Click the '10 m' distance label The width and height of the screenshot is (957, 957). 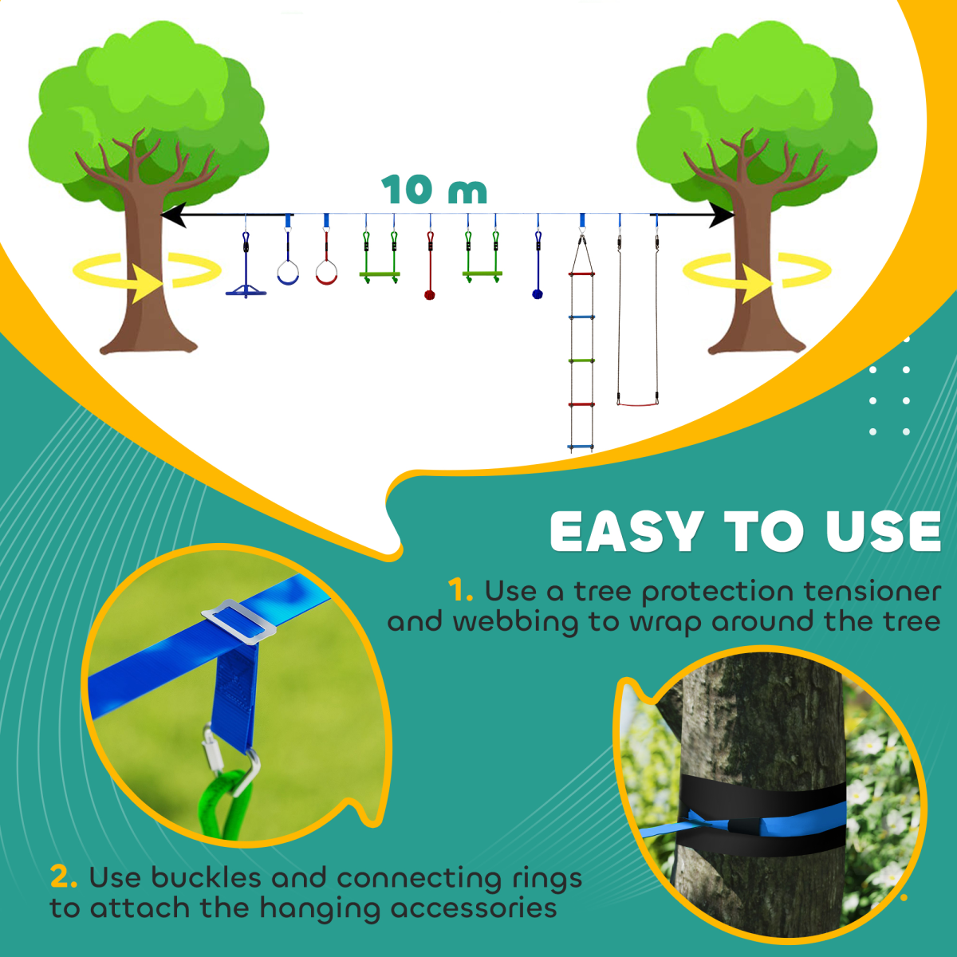point(434,190)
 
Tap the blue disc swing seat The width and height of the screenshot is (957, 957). point(246,291)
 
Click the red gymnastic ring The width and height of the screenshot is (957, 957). point(326,274)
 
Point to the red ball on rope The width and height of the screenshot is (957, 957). point(430,295)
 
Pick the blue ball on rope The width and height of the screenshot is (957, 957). point(538,293)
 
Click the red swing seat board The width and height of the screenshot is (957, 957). point(638,404)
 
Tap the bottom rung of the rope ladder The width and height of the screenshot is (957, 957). point(581,448)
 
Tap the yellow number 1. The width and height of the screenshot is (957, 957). point(460,591)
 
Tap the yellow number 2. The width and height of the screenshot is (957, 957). point(63,877)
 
